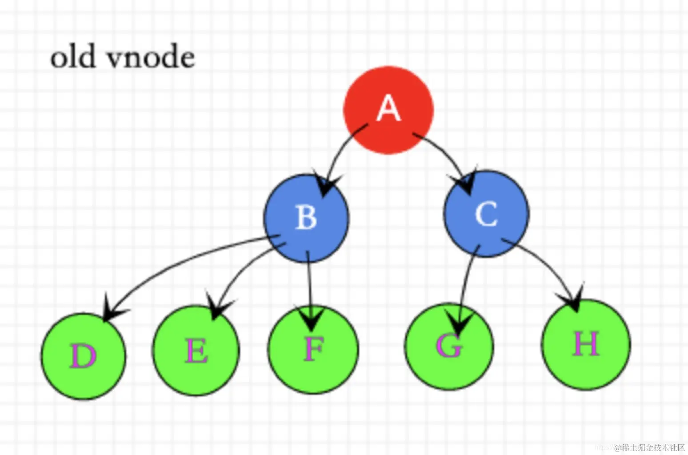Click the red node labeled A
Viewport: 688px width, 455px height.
tap(388, 110)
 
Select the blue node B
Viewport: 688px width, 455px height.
tap(307, 218)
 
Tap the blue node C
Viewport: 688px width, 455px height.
tap(486, 214)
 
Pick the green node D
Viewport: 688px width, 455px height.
tap(83, 356)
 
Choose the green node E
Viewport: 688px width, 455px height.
tap(196, 351)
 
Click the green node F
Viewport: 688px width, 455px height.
tap(313, 349)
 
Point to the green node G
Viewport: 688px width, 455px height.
tap(449, 346)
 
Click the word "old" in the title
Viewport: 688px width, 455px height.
tap(72, 58)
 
